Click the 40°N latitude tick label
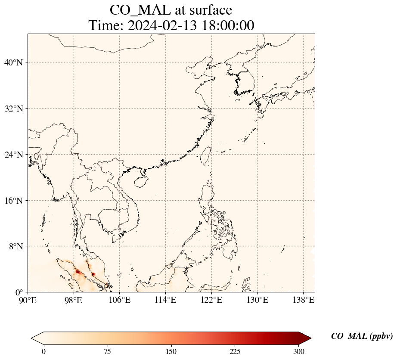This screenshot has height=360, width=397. pyautogui.click(x=13, y=62)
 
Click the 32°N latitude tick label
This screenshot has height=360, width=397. pyautogui.click(x=13, y=109)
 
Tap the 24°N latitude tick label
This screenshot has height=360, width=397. pyautogui.click(x=13, y=155)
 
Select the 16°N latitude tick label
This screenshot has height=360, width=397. pyautogui.click(x=13, y=201)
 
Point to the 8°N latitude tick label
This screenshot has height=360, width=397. pyautogui.click(x=16, y=246)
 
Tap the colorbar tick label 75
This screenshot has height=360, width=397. pyautogui.click(x=107, y=351)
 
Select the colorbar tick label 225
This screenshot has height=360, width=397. pyautogui.click(x=235, y=351)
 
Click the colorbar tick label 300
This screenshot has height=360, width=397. pyautogui.click(x=298, y=351)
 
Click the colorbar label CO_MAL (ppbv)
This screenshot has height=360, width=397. pyautogui.click(x=362, y=336)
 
